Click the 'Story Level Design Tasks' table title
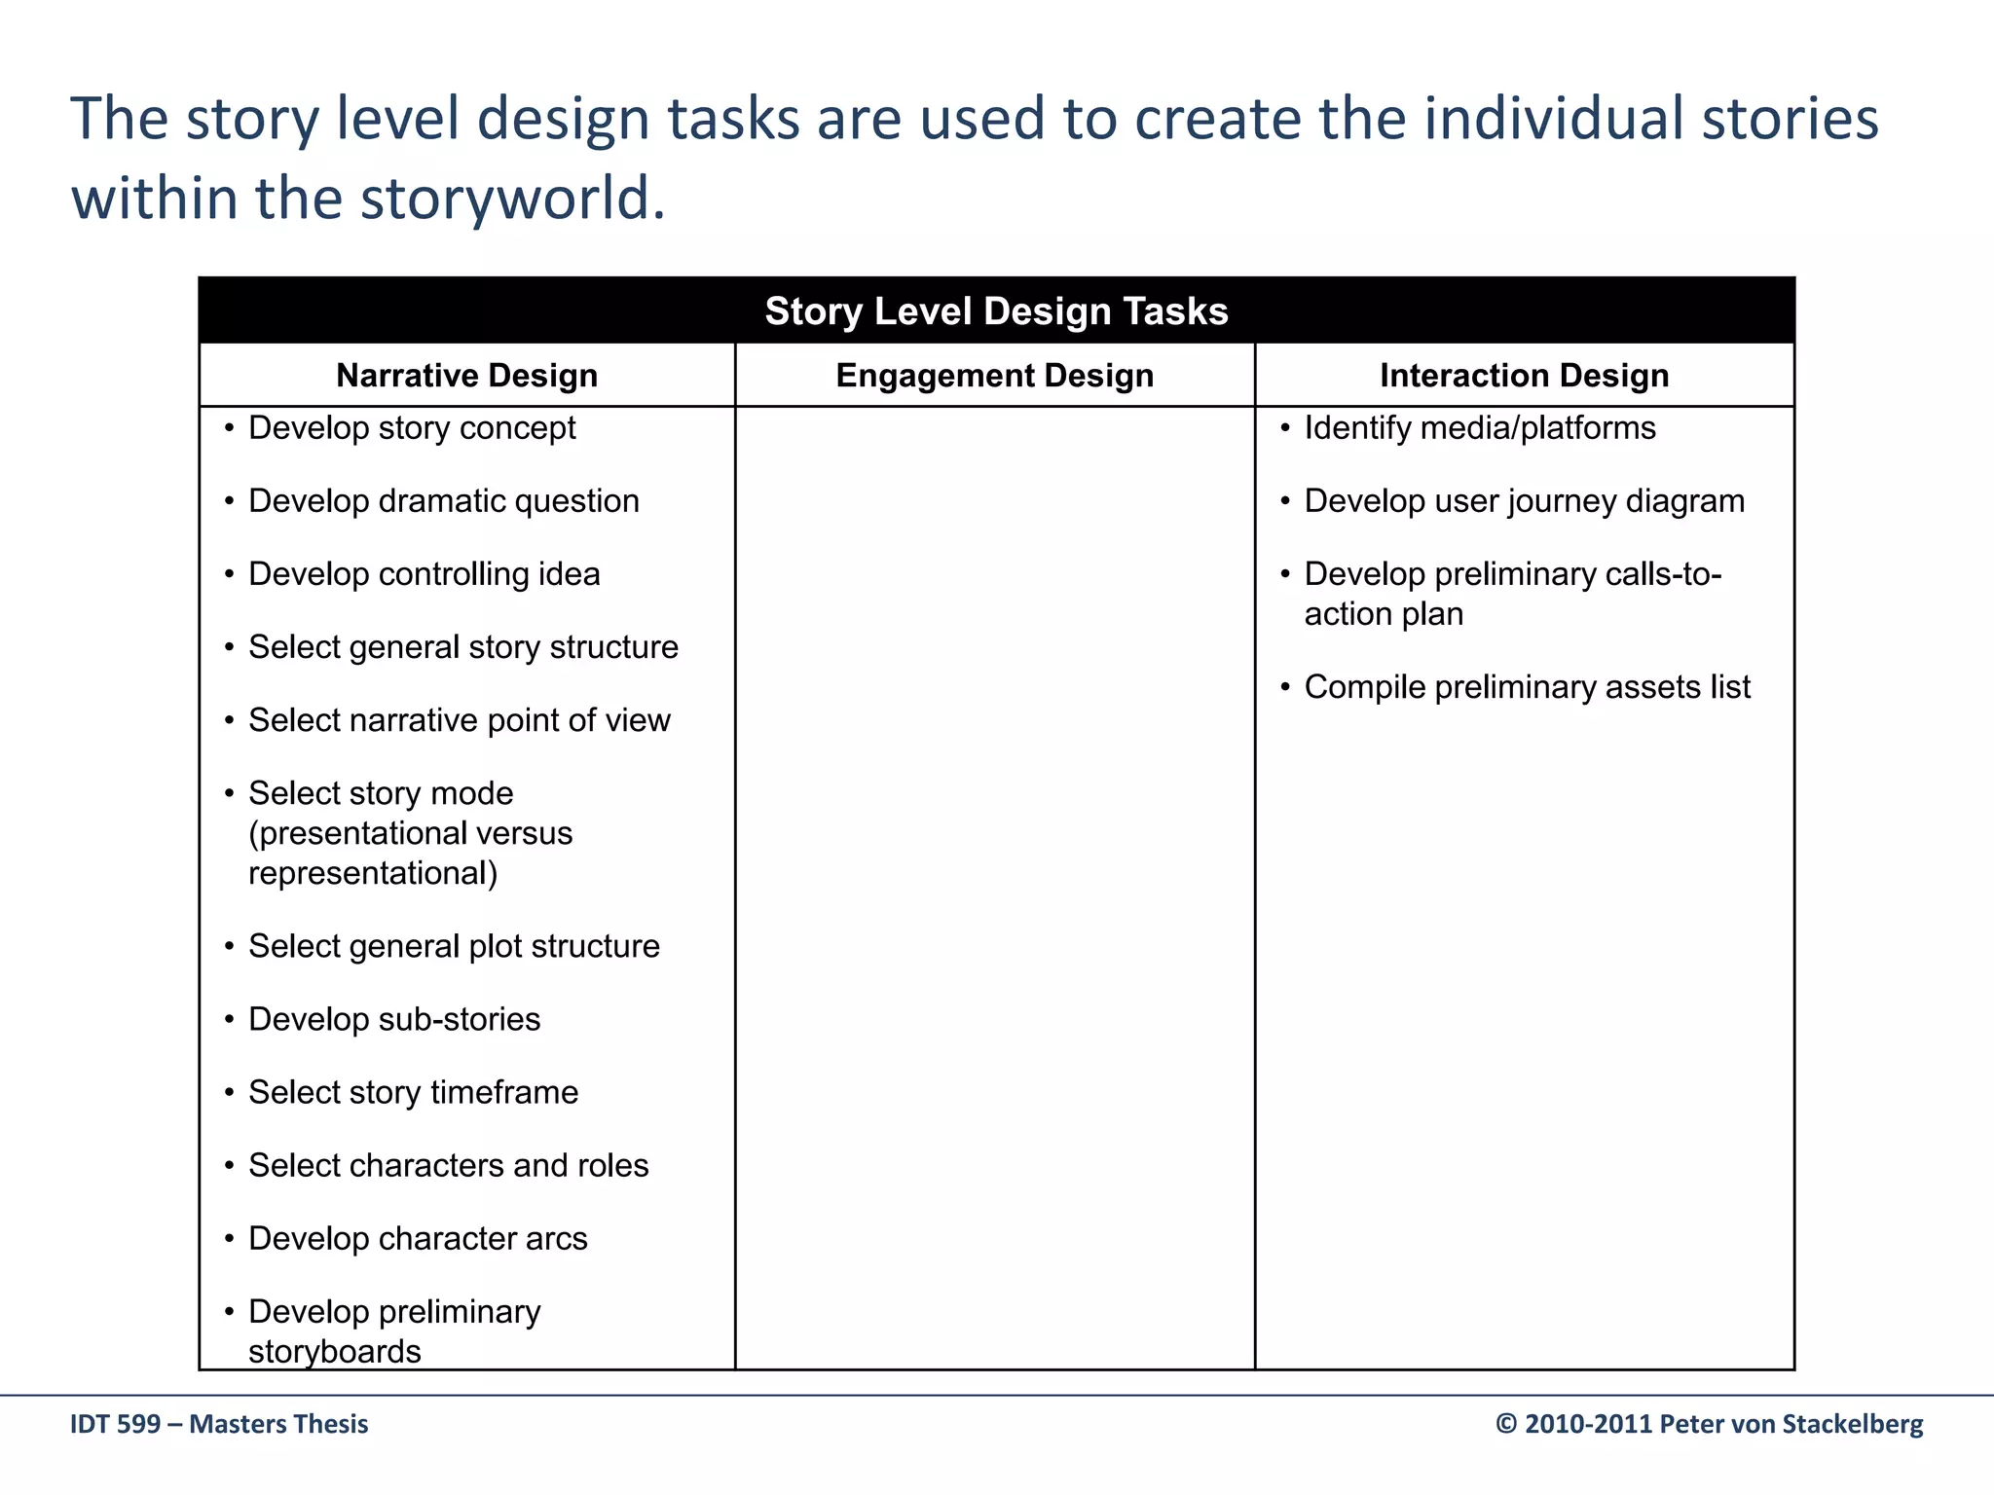pos(996,311)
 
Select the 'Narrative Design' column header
pos(466,376)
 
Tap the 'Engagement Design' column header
pos(994,376)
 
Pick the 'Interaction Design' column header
pos(1524,376)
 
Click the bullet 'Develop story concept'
pos(412,428)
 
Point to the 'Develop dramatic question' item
pos(444,501)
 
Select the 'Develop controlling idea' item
pos(424,574)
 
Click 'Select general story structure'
pos(463,647)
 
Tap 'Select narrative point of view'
pos(460,720)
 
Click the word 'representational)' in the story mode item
pos(373,873)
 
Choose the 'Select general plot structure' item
pos(454,946)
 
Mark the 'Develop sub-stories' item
pos(394,1019)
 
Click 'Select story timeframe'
pos(413,1092)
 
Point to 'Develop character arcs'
pos(418,1238)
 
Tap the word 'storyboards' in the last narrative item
pos(335,1351)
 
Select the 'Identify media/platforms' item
pos(1480,428)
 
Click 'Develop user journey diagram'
pos(1525,501)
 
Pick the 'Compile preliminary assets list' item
pos(1528,687)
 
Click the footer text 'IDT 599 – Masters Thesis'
pos(219,1424)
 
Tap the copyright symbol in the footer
pos(1506,1424)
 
